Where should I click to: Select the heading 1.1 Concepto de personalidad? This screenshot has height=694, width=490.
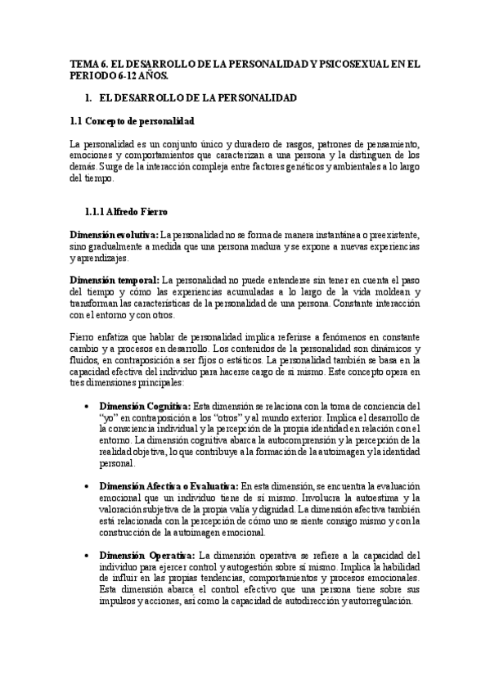[x=132, y=121]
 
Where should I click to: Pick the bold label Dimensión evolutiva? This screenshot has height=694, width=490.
[x=114, y=235]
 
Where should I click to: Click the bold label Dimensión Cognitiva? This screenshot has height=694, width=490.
[x=145, y=406]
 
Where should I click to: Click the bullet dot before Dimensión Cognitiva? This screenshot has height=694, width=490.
[x=88, y=406]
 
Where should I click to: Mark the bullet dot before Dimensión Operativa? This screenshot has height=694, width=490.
[x=88, y=554]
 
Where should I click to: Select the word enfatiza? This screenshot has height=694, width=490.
[x=110, y=336]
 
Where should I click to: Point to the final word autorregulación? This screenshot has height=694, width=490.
[x=375, y=600]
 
